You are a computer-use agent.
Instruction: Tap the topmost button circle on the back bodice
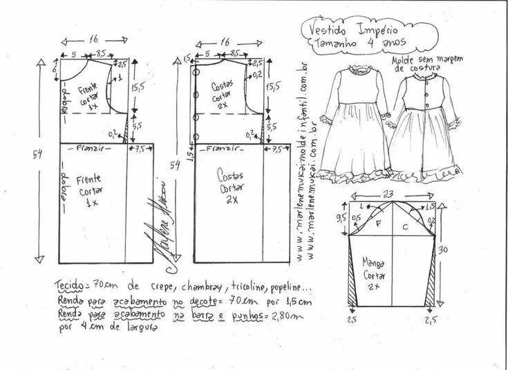tap(198, 72)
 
